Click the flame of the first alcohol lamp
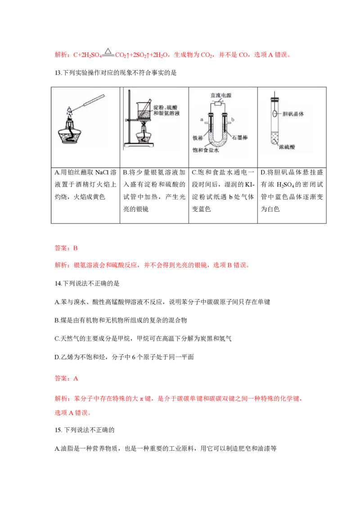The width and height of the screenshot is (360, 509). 70,110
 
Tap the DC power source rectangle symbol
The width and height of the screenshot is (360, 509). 220,103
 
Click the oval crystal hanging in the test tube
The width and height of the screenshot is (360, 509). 274,115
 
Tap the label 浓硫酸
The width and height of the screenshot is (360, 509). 287,147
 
